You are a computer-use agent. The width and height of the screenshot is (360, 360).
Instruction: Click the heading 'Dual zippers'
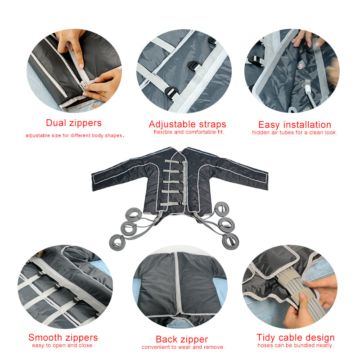pyautogui.click(x=74, y=123)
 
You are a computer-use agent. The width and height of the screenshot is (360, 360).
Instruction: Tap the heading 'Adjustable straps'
pyautogui.click(x=187, y=124)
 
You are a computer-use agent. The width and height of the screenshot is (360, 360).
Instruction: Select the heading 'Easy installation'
pyautogui.click(x=294, y=125)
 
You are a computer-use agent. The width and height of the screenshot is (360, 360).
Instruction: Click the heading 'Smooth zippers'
pyautogui.click(x=63, y=337)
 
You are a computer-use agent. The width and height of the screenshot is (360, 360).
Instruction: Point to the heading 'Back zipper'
pyautogui.click(x=182, y=339)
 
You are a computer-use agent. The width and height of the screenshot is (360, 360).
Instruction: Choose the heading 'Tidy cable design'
pyautogui.click(x=296, y=337)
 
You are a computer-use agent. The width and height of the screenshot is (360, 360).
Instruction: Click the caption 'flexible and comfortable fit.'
pyautogui.click(x=189, y=132)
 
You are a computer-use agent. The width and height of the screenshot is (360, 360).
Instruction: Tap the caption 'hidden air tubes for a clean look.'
pyautogui.click(x=295, y=132)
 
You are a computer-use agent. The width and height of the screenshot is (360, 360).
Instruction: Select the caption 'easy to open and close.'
pyautogui.click(x=63, y=346)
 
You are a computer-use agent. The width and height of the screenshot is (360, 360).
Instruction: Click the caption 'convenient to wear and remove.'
pyautogui.click(x=183, y=347)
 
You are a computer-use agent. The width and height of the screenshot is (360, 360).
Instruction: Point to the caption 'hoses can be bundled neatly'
pyautogui.click(x=295, y=346)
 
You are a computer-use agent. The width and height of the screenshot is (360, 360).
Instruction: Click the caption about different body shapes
pyautogui.click(x=75, y=135)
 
